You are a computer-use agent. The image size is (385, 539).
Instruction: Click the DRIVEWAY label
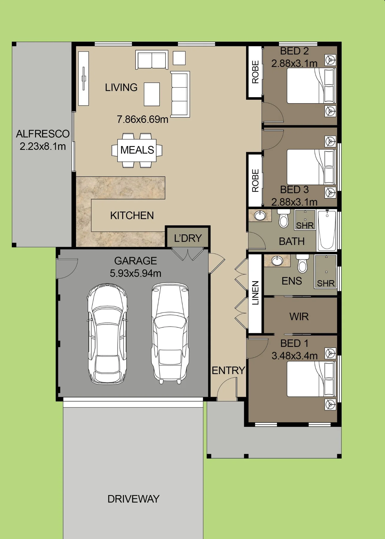point(134,499)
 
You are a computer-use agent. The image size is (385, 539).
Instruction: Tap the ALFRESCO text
point(43,134)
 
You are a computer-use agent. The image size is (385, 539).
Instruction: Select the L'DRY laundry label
point(188,238)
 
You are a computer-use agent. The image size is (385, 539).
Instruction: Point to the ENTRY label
point(228,371)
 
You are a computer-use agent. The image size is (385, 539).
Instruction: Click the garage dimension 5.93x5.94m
point(135,273)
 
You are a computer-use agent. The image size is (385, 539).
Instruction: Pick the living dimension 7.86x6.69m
point(142,119)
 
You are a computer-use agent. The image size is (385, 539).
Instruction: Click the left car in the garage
point(107,334)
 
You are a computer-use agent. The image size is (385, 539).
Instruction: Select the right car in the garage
point(170,333)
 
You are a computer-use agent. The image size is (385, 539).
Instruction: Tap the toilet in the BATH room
point(284,218)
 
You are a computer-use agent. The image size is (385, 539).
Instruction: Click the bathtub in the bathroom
point(327,230)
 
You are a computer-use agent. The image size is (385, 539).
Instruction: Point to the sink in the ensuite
point(277,261)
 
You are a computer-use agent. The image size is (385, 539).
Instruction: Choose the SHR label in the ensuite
point(326,283)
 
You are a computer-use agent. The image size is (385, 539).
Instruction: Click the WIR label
point(299,316)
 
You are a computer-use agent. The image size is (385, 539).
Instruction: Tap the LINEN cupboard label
point(255,293)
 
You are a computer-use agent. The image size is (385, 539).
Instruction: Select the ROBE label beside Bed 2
point(255,72)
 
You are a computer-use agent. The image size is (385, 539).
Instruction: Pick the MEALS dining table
point(137,150)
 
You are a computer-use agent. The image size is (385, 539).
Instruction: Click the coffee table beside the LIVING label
point(152,94)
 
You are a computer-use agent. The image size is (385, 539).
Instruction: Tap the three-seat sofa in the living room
point(180,94)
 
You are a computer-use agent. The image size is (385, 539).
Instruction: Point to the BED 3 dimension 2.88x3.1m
point(294,202)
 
